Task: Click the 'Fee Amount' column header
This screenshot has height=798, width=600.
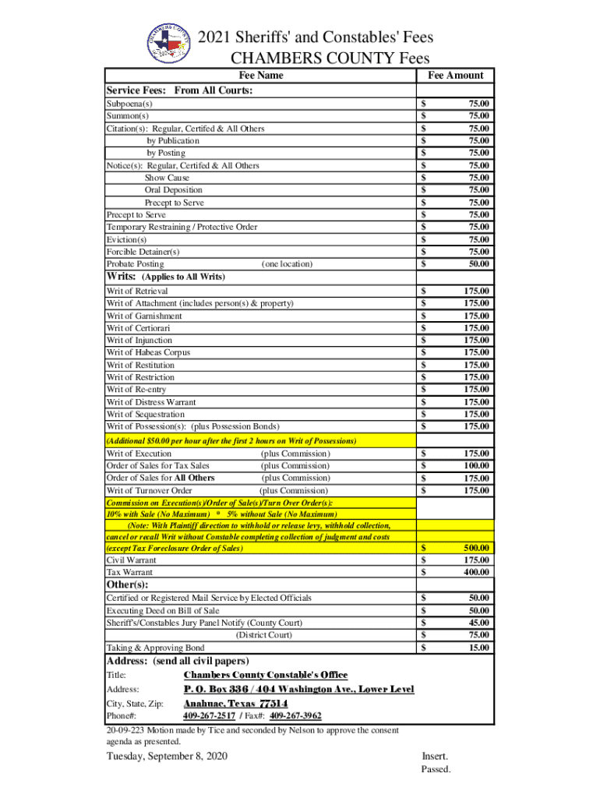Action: (456, 76)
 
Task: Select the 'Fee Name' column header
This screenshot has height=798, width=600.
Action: (260, 76)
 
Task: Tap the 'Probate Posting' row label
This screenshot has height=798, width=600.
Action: (135, 264)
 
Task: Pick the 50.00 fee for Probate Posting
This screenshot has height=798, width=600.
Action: (479, 264)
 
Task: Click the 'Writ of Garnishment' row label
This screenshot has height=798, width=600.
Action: (144, 316)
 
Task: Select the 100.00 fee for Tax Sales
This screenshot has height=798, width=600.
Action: (476, 466)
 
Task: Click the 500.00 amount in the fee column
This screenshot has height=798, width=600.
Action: (476, 548)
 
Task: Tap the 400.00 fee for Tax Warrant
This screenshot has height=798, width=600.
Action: (476, 572)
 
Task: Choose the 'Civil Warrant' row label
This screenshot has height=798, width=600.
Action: (131, 560)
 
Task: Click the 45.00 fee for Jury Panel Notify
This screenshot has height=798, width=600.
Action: (479, 623)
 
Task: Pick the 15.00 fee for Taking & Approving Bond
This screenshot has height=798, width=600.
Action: (479, 648)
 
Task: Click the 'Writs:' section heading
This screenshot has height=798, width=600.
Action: (122, 277)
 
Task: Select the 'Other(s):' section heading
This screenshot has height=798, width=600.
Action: (127, 584)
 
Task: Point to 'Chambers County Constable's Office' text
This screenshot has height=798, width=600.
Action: (265, 675)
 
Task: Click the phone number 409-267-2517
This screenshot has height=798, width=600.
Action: (209, 716)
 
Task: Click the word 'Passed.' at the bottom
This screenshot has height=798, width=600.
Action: (436, 770)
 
